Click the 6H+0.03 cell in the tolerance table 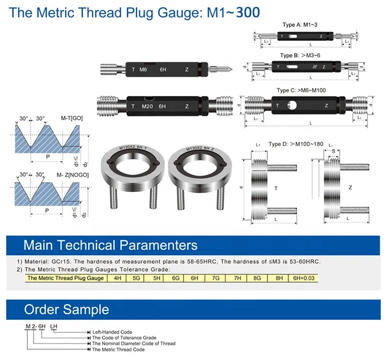click(x=303, y=278)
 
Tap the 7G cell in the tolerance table click(x=215, y=278)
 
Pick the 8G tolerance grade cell click(x=256, y=278)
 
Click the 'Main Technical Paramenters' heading click(x=110, y=244)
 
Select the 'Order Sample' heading click(x=67, y=309)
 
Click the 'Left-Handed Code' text click(x=112, y=332)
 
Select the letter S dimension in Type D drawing click(x=334, y=152)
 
